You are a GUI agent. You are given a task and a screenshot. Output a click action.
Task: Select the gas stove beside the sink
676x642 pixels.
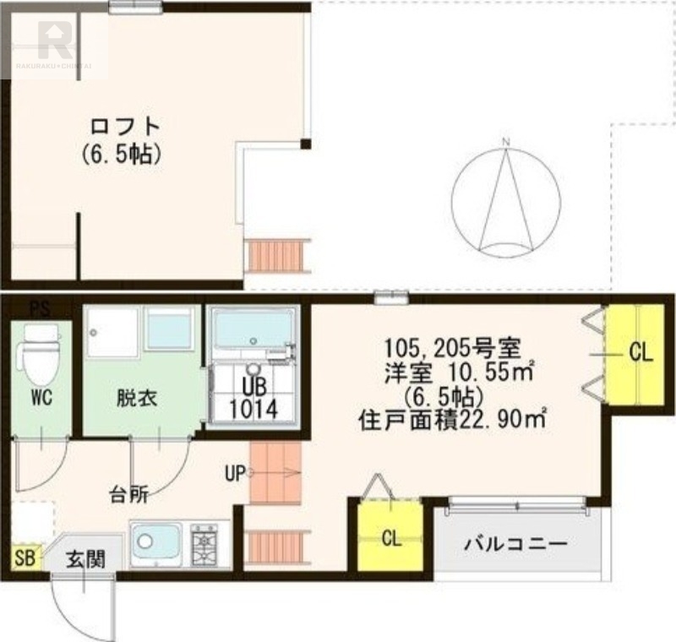(204, 545)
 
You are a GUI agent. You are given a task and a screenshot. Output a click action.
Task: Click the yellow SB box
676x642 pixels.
(23, 558)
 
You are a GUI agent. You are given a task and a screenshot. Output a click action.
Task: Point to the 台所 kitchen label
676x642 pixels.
(128, 495)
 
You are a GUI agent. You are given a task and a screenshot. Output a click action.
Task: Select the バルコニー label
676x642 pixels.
(515, 543)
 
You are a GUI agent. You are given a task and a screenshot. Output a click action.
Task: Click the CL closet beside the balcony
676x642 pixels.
(390, 537)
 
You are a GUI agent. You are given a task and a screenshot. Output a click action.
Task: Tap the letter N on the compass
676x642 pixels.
(505, 142)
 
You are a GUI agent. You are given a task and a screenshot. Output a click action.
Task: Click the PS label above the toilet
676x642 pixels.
(39, 309)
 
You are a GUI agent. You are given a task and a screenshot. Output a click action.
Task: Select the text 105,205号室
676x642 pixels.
(451, 346)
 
